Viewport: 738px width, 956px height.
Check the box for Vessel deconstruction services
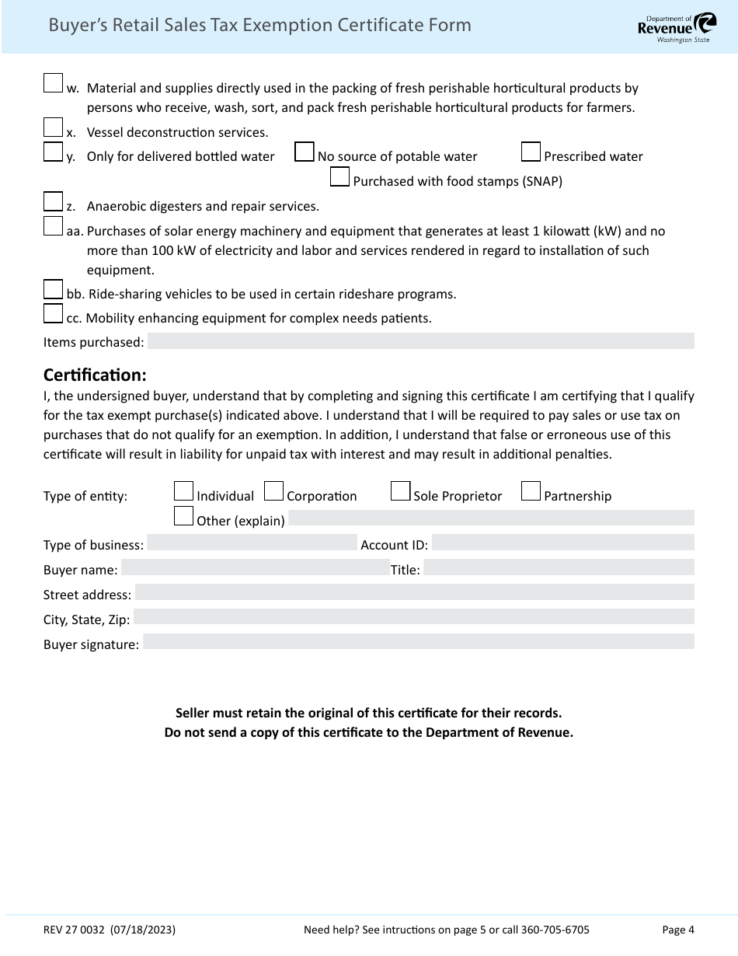point(53,127)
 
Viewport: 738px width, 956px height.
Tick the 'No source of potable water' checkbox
point(305,152)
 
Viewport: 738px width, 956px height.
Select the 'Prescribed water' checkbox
point(531,152)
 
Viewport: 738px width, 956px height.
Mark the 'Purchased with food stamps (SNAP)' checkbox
point(339,176)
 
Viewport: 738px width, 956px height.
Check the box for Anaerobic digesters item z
point(53,201)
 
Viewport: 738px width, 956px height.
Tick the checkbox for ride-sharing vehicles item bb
point(53,289)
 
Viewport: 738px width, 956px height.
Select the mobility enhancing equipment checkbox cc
point(53,313)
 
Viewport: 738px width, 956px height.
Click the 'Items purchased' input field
point(420,341)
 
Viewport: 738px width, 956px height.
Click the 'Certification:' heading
point(95,375)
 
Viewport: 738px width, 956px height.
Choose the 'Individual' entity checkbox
point(183,491)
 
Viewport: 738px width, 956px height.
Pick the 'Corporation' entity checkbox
point(273,491)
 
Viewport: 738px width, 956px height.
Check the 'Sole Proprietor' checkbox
point(400,491)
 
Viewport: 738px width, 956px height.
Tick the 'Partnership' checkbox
point(531,491)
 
